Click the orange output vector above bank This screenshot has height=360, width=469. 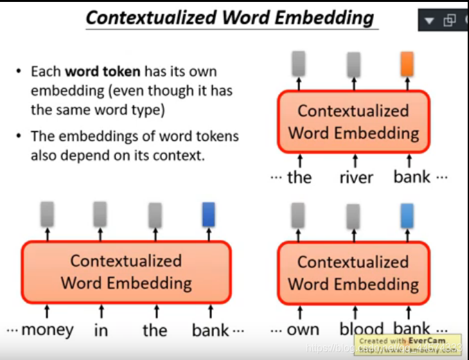[406, 64]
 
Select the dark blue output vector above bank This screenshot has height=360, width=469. [208, 214]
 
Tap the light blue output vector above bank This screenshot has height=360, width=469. [406, 215]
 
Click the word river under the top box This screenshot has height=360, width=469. [355, 177]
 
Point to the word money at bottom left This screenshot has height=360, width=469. [47, 330]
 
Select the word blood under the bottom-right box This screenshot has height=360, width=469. [362, 330]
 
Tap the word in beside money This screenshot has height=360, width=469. [101, 330]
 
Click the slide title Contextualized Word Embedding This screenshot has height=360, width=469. [229, 17]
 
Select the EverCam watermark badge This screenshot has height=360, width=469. [409, 344]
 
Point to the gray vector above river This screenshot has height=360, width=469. [354, 64]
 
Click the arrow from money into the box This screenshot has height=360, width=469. [47, 312]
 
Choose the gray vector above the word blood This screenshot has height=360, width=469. [353, 216]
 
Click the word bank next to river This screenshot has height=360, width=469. [412, 176]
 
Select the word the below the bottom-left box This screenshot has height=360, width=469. [155, 330]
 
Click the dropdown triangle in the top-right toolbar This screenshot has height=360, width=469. [429, 21]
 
